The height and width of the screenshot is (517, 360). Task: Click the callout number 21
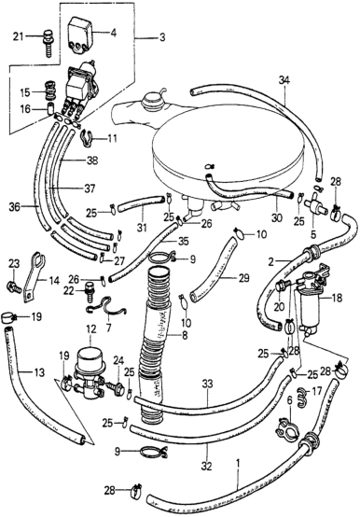[19, 36]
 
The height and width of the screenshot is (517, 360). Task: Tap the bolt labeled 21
[48, 44]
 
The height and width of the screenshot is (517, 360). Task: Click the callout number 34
[284, 80]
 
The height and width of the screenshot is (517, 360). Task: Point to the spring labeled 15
[50, 91]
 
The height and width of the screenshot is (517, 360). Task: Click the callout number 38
[92, 161]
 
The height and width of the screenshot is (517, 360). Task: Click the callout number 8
[184, 335]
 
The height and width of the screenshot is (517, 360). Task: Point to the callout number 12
[91, 329]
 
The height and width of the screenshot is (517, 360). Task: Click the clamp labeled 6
[288, 428]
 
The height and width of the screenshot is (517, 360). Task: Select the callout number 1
[238, 465]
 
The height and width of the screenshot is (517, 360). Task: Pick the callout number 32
[208, 467]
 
